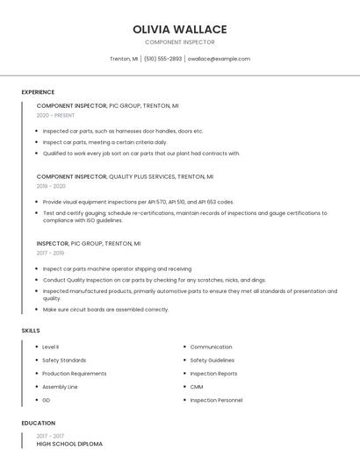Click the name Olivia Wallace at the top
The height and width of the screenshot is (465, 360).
pos(179,29)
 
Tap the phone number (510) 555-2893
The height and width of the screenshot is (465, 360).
pos(162,59)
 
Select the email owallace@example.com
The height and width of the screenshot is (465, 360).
pos(219,59)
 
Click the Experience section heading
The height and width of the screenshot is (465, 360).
pos(38,92)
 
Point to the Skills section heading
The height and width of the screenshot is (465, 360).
pos(31,330)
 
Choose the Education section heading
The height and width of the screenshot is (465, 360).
pos(38,423)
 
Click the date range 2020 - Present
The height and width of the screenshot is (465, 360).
pos(55,115)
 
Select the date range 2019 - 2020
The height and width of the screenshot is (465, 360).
pos(51,186)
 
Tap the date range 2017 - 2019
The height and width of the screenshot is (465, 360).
pos(51,253)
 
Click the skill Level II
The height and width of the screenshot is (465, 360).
pos(51,347)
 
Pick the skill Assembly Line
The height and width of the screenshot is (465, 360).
pos(60,387)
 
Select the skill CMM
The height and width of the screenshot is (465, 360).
pos(197,387)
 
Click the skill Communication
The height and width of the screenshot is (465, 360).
pos(211,347)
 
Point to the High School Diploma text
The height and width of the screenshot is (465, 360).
pos(69,444)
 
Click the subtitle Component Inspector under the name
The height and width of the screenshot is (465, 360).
pos(179,42)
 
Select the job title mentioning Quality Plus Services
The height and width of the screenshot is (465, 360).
pos(107,176)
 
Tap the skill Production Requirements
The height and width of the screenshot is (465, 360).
pos(74,374)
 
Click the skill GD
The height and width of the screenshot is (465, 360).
pos(47,400)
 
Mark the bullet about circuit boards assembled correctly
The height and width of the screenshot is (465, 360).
pos(105,310)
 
